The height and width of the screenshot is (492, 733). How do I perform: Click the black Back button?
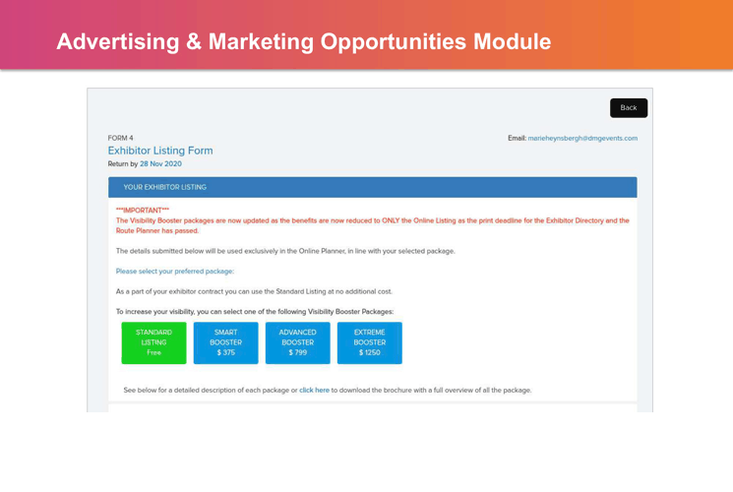[x=629, y=108]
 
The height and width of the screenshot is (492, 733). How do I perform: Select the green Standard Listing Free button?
[x=153, y=342]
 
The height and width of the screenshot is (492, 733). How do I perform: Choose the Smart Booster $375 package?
[x=225, y=342]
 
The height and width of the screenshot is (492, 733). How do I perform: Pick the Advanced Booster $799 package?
[x=298, y=342]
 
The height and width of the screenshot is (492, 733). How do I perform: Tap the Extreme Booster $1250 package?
[x=369, y=342]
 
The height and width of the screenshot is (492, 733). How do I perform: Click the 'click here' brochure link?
[x=314, y=390]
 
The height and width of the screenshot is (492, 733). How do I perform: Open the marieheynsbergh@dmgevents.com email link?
[x=582, y=138]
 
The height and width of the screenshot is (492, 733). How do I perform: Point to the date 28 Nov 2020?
[x=160, y=163]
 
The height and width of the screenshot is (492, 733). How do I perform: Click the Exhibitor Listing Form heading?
[x=160, y=151]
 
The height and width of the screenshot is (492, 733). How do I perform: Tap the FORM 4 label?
[x=121, y=138]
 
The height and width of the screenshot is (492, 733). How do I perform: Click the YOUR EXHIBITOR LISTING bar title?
[x=164, y=187]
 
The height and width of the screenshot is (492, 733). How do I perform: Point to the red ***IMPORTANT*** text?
[x=143, y=211]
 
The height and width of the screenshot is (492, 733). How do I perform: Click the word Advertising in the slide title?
[x=118, y=42]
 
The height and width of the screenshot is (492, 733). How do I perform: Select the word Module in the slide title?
[x=513, y=41]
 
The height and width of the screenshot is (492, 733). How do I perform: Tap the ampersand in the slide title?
[x=194, y=41]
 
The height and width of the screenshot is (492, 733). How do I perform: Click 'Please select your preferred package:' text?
[x=175, y=272]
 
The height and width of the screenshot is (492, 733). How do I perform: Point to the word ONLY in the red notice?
[x=391, y=220]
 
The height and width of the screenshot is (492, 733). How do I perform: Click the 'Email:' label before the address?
[x=517, y=138]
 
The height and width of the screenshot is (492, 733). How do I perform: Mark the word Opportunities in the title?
[x=394, y=42]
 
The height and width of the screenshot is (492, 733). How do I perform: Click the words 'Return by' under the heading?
[x=123, y=163]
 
